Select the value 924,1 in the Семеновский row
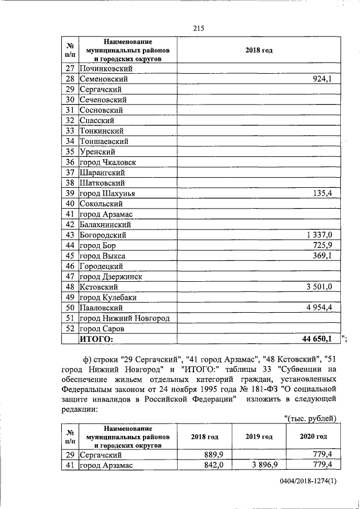[323, 79]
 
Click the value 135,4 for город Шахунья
[323, 193]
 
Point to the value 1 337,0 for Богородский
[319, 235]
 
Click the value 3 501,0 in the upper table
[319, 287]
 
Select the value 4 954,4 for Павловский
[319, 308]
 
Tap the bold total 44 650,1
[316, 339]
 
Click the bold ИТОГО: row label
[96, 339]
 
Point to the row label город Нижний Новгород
[124, 318]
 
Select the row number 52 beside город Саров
[70, 328]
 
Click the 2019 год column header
[259, 436]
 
